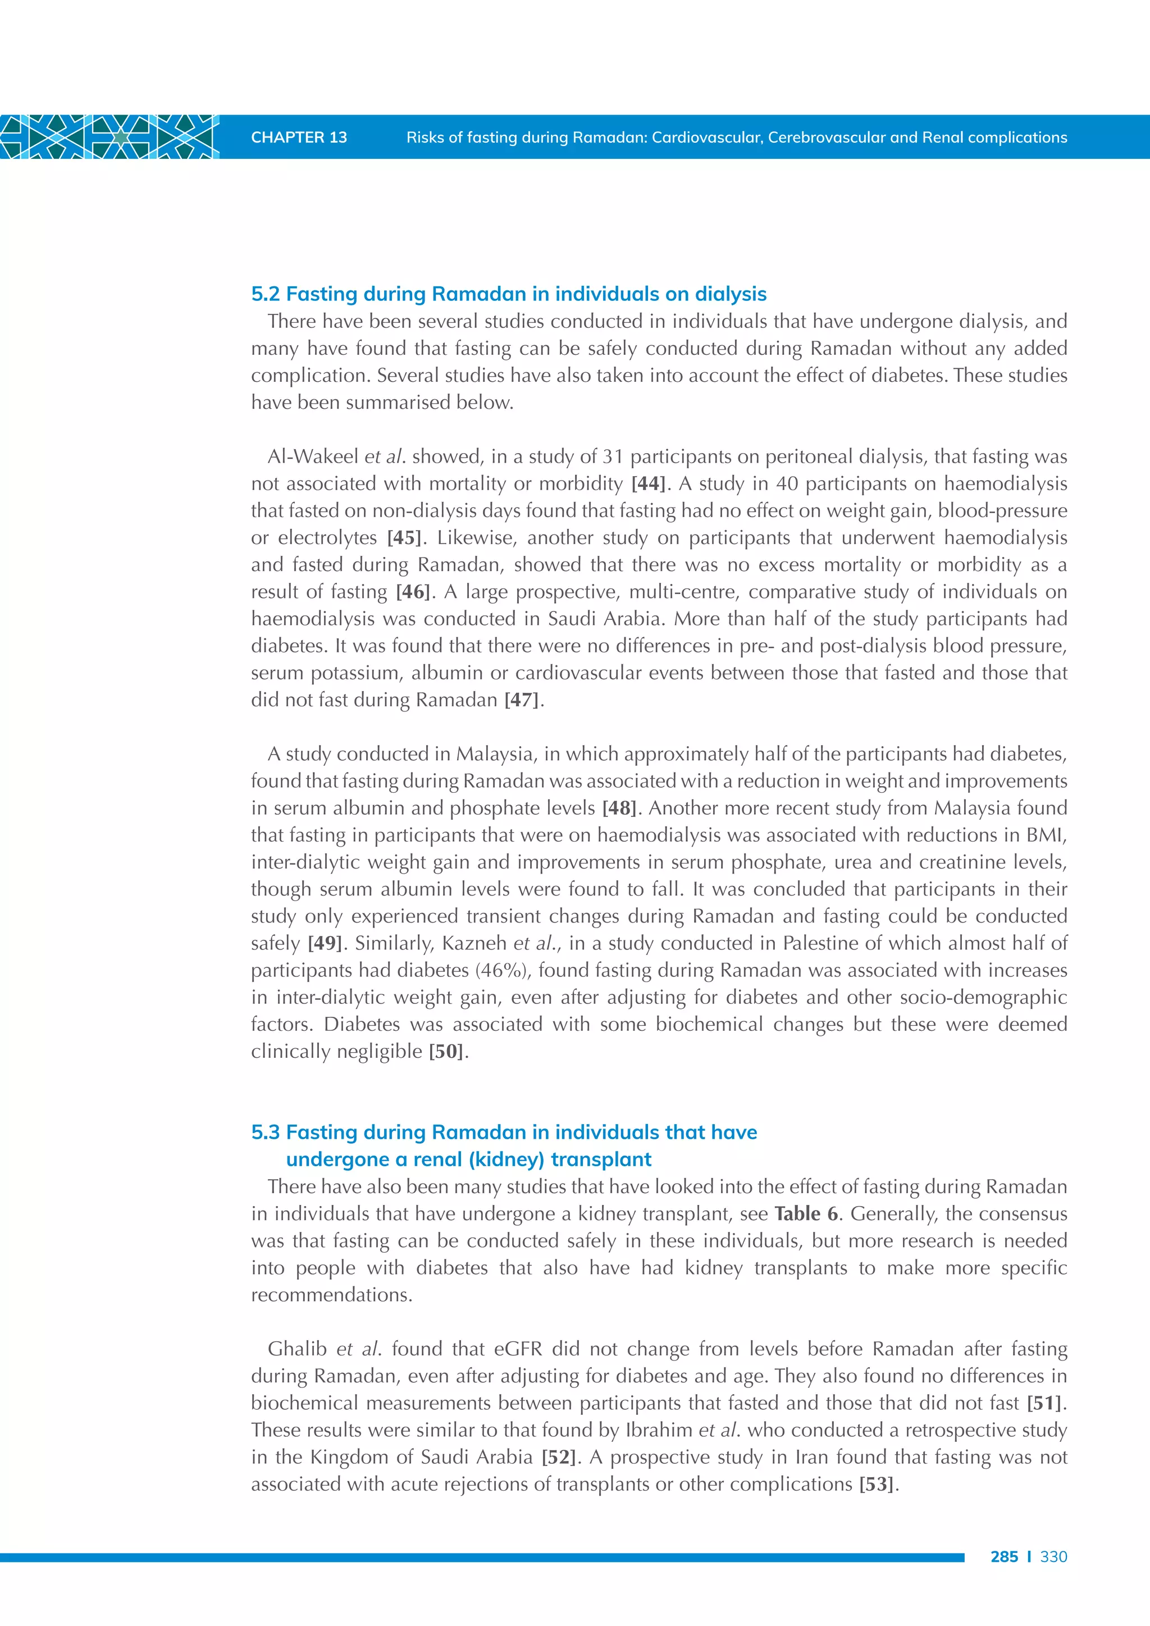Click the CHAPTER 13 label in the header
(x=299, y=138)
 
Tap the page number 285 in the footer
(x=1004, y=1556)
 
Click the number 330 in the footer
(x=1053, y=1556)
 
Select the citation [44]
(x=648, y=483)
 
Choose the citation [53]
(x=877, y=1485)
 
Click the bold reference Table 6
(x=806, y=1214)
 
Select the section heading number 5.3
(x=266, y=1132)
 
